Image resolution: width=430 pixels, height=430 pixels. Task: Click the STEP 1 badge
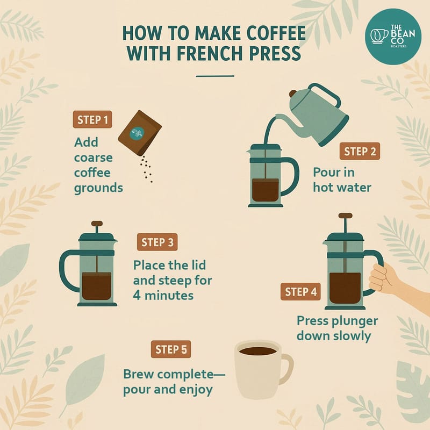(92, 119)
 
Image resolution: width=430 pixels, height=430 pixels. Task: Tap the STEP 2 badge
(360, 151)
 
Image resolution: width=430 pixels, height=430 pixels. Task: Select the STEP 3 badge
(157, 242)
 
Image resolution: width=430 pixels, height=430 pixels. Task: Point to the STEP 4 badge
(300, 291)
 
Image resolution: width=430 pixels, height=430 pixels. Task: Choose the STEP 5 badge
(171, 349)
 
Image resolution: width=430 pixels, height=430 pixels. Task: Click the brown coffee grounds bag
(140, 133)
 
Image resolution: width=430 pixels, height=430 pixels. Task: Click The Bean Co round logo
(393, 37)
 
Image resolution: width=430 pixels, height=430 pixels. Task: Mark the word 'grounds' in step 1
(98, 189)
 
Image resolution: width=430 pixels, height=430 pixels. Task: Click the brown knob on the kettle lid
(293, 94)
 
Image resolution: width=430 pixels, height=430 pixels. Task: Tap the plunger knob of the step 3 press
(97, 224)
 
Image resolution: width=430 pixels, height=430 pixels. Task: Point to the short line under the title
(215, 76)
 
